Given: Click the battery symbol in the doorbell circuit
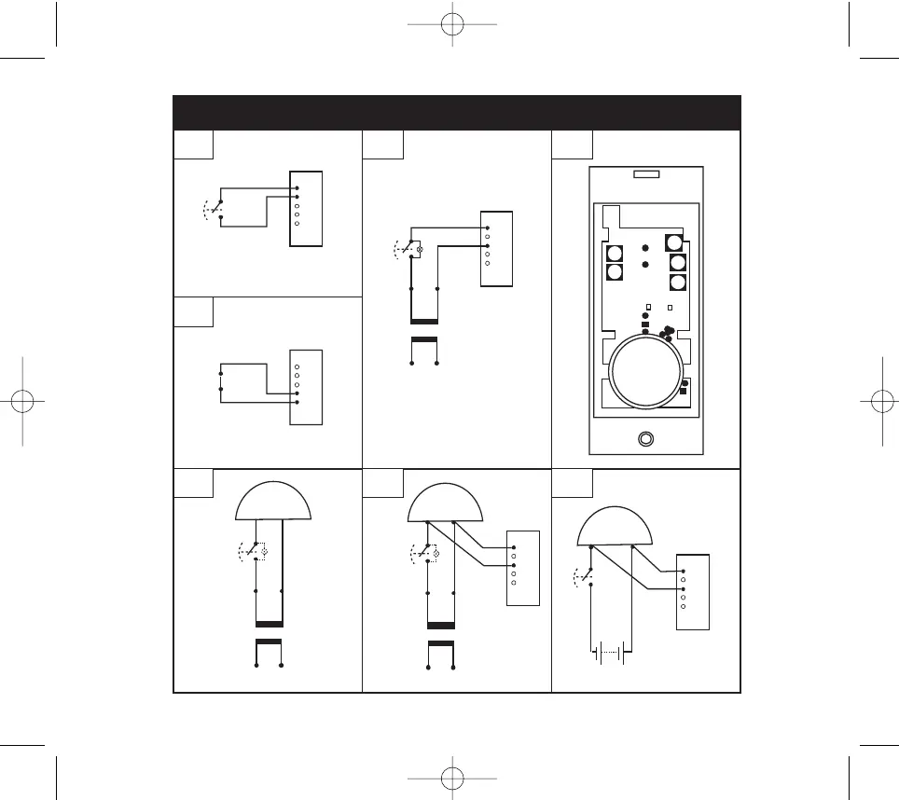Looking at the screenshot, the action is tap(608, 653).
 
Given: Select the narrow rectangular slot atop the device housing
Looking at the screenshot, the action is tap(646, 174).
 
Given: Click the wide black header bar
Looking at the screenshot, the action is tap(457, 112).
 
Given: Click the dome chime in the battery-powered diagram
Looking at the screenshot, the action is tap(615, 527).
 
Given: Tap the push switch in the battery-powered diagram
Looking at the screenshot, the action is tap(586, 576).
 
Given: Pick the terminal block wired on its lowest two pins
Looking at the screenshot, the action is tap(307, 387).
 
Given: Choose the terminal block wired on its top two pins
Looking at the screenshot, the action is tap(307, 208).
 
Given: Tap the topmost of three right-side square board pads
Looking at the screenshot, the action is tap(674, 242).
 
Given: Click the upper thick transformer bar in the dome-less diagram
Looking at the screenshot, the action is tap(424, 322).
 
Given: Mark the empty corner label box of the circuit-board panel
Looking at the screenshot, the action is tap(572, 145).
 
